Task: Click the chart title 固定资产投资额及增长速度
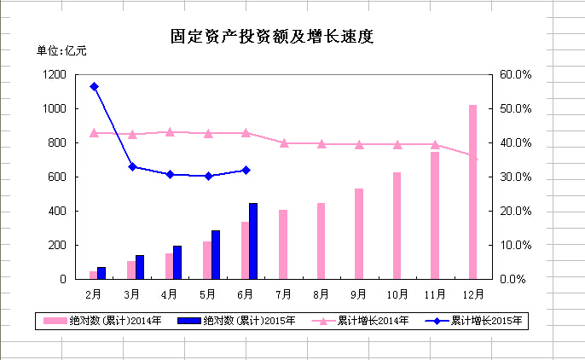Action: [273, 37]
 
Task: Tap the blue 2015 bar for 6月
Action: [253, 241]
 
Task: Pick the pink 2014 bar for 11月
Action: [435, 215]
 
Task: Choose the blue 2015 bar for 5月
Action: [216, 254]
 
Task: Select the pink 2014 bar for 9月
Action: [359, 234]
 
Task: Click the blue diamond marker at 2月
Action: [94, 86]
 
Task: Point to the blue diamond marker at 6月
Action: [246, 170]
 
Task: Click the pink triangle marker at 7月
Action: [284, 142]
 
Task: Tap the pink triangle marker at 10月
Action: [397, 144]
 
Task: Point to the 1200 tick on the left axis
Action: [53, 75]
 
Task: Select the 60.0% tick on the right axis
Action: [515, 75]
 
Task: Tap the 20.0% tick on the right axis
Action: [515, 211]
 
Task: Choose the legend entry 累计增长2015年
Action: [486, 322]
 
